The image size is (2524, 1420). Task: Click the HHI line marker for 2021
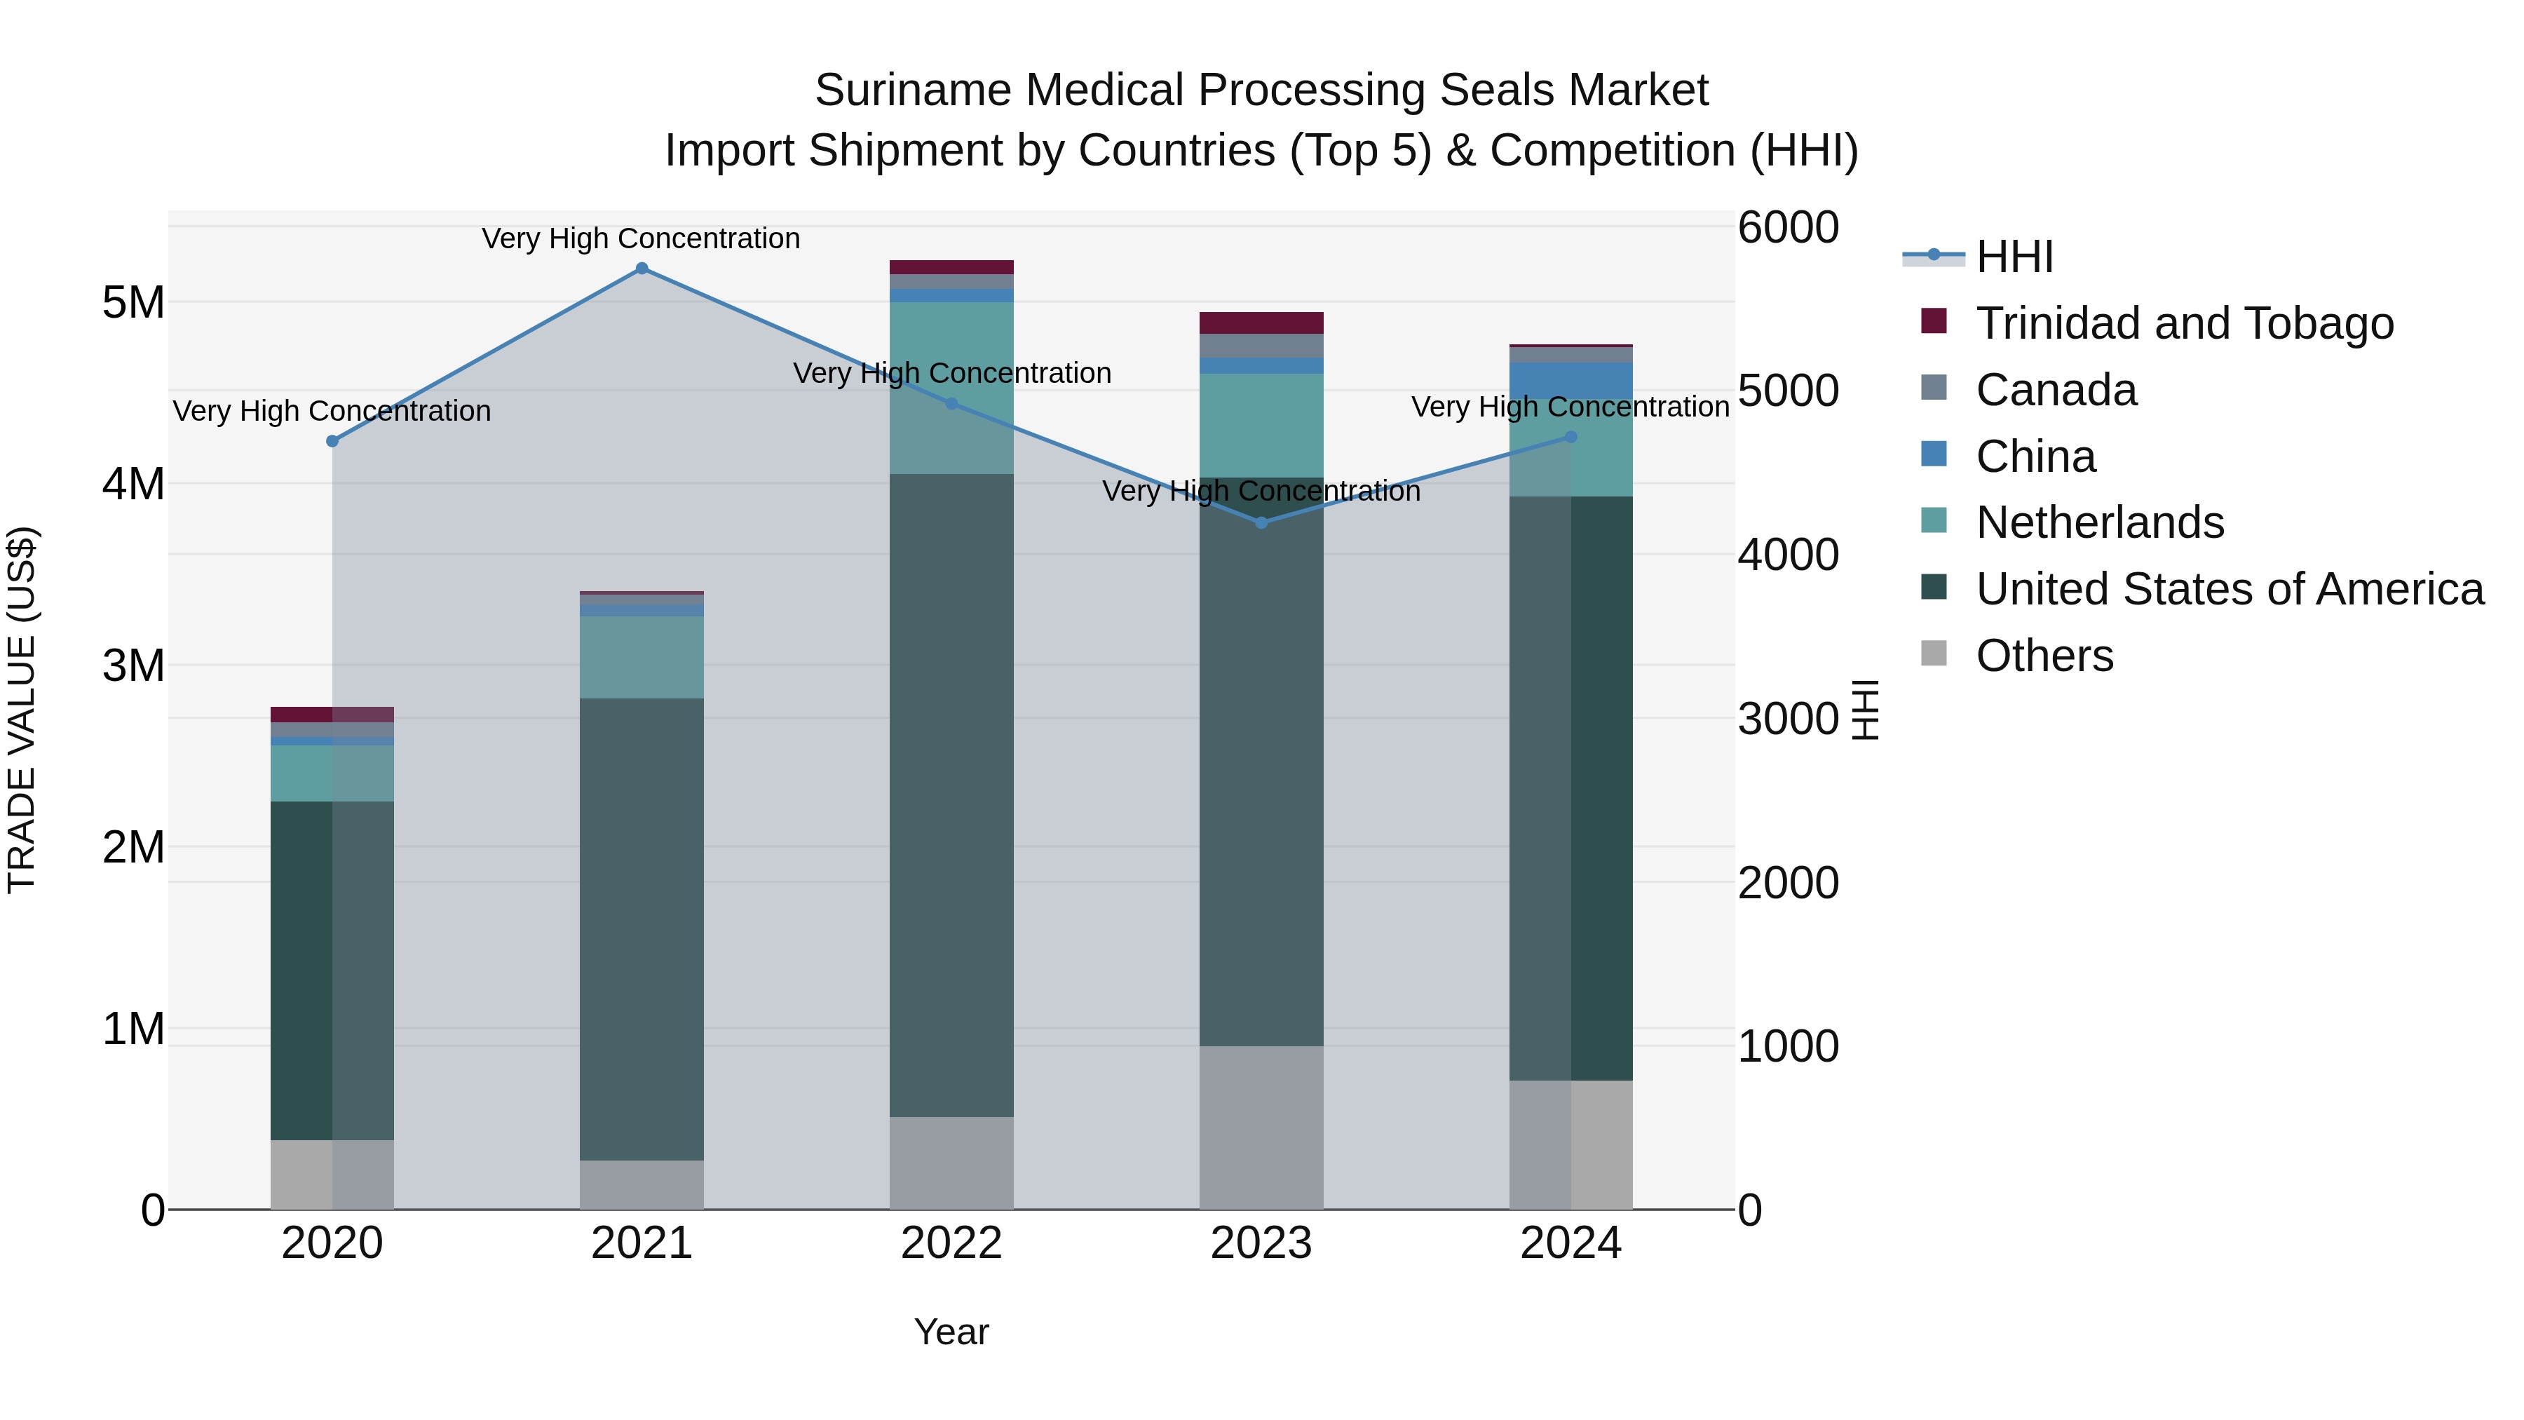(642, 269)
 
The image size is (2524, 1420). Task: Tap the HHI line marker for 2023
(1261, 522)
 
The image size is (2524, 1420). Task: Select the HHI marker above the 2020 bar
(332, 441)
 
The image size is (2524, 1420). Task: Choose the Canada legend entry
(2056, 390)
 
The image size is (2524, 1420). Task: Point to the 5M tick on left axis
(133, 303)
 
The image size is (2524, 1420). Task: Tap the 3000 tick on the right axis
(1788, 718)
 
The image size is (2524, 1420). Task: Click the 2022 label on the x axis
(951, 1243)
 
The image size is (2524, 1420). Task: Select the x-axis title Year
(951, 1332)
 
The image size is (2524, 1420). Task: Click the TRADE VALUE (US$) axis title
(22, 710)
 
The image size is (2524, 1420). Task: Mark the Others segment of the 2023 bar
(1261, 1127)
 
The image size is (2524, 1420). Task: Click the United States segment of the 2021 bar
(642, 929)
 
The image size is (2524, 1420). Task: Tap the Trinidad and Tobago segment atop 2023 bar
(1261, 323)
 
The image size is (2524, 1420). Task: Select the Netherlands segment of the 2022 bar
(951, 388)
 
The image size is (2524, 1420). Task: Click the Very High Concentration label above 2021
(641, 238)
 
